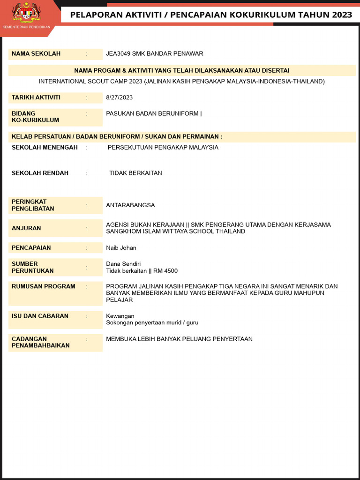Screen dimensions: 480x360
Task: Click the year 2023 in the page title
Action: click(342, 15)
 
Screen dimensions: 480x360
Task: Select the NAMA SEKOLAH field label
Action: click(36, 53)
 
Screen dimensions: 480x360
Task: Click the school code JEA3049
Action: click(118, 53)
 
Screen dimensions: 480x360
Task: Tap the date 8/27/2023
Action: click(120, 97)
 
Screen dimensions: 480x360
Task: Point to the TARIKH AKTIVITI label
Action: click(36, 97)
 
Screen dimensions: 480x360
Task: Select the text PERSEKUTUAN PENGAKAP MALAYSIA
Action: click(163, 147)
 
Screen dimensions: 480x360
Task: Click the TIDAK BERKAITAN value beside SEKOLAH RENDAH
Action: click(135, 173)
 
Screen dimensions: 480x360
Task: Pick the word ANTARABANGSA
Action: click(130, 205)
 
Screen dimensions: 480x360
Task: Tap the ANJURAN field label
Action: click(26, 228)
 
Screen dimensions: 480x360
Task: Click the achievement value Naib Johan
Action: click(121, 247)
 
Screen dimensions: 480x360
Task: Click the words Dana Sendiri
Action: click(123, 264)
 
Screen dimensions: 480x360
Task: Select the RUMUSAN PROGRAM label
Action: click(44, 286)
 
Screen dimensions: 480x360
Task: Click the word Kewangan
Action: click(120, 316)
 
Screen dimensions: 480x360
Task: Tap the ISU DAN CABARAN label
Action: click(40, 316)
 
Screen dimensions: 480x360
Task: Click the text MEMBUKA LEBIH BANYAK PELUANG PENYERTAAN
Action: click(179, 339)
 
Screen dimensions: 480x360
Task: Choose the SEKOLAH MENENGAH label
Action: click(45, 147)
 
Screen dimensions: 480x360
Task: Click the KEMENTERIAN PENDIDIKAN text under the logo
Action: click(26, 27)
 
